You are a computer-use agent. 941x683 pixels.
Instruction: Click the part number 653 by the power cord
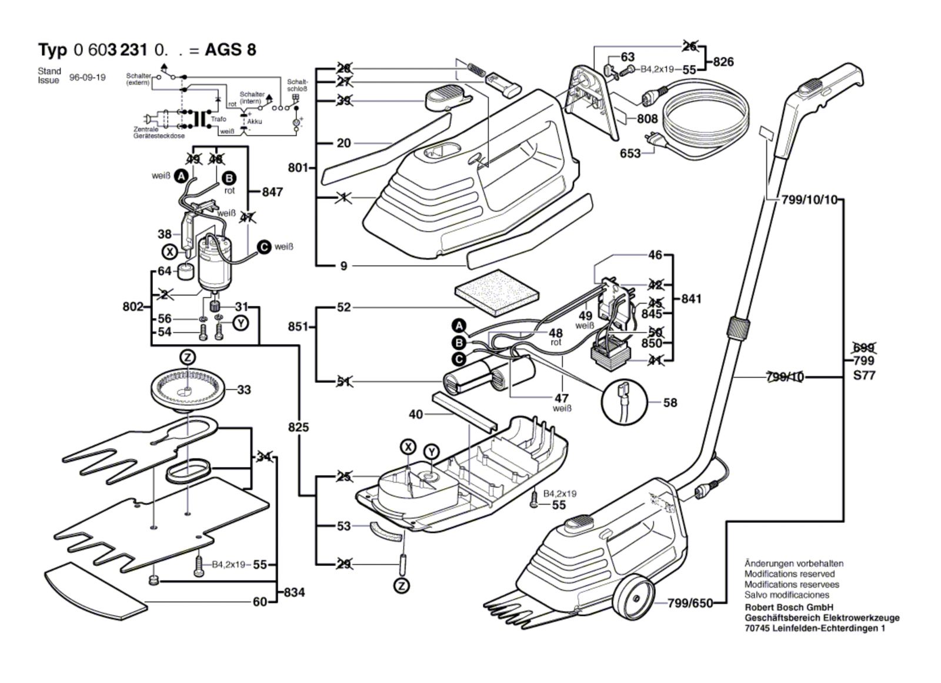pyautogui.click(x=630, y=154)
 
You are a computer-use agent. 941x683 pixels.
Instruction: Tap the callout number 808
pyautogui.click(x=647, y=118)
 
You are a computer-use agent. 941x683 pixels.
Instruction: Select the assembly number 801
pyautogui.click(x=298, y=168)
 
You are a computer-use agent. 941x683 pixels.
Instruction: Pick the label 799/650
pyautogui.click(x=690, y=602)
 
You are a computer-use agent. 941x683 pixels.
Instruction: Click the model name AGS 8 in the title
pyautogui.click(x=231, y=49)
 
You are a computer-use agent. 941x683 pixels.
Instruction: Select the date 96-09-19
pyautogui.click(x=87, y=77)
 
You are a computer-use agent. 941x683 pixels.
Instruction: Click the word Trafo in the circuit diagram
pyautogui.click(x=219, y=119)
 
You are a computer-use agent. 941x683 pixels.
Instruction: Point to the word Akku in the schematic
pyautogui.click(x=255, y=122)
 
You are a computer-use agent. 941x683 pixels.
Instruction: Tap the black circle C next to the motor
pyautogui.click(x=265, y=248)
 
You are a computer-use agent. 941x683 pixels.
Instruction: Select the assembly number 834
pyautogui.click(x=293, y=592)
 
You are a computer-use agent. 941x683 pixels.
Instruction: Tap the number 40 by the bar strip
pyautogui.click(x=415, y=414)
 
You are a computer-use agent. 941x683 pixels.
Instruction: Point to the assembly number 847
pyautogui.click(x=272, y=192)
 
